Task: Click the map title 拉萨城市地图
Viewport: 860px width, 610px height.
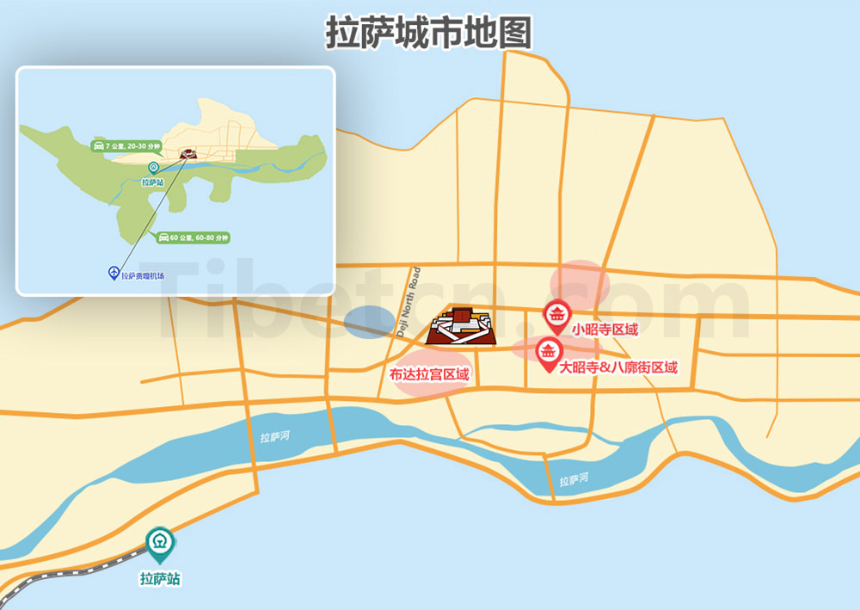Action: [x=427, y=33]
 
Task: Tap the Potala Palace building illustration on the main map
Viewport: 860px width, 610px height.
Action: [x=461, y=327]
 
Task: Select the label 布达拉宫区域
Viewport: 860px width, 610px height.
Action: [x=429, y=374]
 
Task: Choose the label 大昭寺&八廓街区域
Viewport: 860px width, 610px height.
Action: [x=618, y=368]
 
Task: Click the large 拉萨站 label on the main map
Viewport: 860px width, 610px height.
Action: [x=160, y=580]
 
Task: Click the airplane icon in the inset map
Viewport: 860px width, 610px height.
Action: [x=113, y=273]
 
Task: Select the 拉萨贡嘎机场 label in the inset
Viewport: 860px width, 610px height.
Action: [x=143, y=275]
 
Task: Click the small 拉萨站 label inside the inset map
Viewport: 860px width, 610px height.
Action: [x=153, y=182]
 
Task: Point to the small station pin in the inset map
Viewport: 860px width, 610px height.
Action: [x=153, y=168]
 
